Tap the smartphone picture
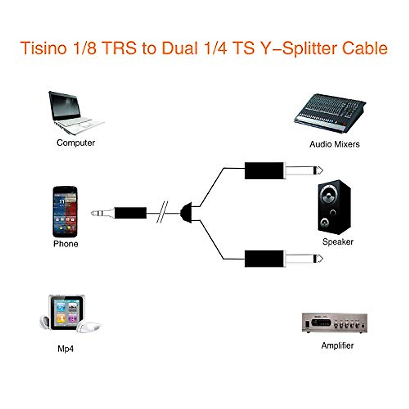pyautogui.click(x=65, y=211)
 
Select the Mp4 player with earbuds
pyautogui.click(x=68, y=314)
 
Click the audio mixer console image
pyautogui.click(x=329, y=112)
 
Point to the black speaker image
pyautogui.click(x=334, y=207)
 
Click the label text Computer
pyautogui.click(x=76, y=143)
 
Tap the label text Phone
pyautogui.click(x=65, y=244)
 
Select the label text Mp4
pyautogui.click(x=65, y=349)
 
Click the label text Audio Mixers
pyautogui.click(x=334, y=144)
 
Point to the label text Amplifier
pyautogui.click(x=337, y=346)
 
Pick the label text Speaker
pyautogui.click(x=337, y=242)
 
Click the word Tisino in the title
pyautogui.click(x=43, y=48)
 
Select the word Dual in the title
pyautogui.click(x=180, y=48)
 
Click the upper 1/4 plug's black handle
pyautogui.click(x=264, y=170)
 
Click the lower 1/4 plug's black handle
pyautogui.click(x=264, y=259)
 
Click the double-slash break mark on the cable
pyautogui.click(x=162, y=212)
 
